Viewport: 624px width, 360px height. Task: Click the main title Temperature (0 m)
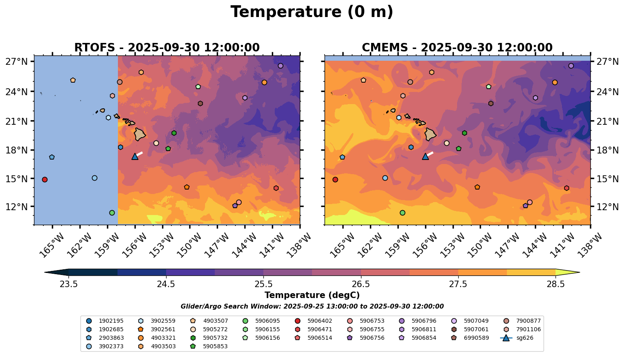point(312,12)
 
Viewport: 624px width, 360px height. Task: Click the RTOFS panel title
point(167,48)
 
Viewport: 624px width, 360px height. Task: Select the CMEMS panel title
point(457,48)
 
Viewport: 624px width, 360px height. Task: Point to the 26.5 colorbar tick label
point(361,284)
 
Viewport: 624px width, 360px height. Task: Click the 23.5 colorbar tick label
point(68,284)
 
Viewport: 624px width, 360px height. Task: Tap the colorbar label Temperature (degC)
point(312,295)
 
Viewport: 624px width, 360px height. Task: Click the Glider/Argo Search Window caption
point(312,307)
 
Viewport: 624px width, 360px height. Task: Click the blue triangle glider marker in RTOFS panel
point(135,156)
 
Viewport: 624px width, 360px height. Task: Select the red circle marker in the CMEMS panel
point(335,179)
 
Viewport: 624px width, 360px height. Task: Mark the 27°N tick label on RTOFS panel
point(16,62)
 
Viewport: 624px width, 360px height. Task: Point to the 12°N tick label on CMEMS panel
point(607,207)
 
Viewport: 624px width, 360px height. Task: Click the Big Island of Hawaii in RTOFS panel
point(140,134)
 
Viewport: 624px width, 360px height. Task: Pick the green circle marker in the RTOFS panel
point(112,213)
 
